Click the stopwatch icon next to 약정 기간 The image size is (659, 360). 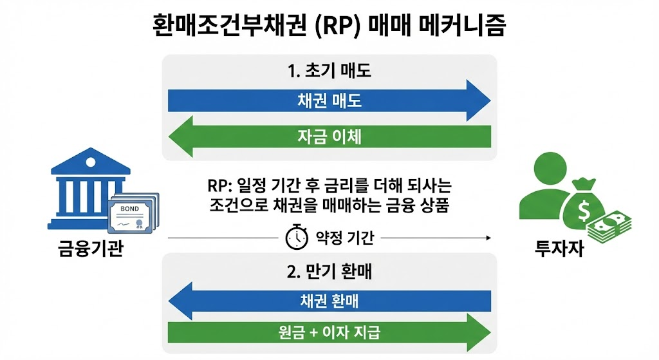[x=297, y=238]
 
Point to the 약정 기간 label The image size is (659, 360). [x=345, y=239]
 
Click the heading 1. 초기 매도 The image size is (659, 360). [x=329, y=70]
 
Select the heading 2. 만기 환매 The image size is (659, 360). [x=329, y=271]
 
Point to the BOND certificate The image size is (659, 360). [x=134, y=213]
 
